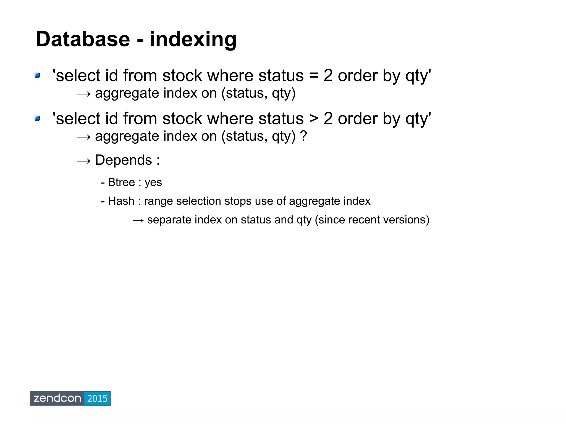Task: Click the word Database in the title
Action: [x=83, y=39]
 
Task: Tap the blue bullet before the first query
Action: [x=37, y=75]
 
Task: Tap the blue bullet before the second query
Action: [x=37, y=119]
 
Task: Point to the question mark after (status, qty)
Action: [x=303, y=136]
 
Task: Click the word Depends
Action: [x=123, y=160]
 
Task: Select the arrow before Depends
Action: [x=83, y=161]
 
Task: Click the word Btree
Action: [x=121, y=182]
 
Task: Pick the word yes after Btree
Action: [x=153, y=183]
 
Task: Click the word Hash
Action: [x=121, y=201]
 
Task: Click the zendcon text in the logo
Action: [x=57, y=399]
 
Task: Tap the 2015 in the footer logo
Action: [x=97, y=399]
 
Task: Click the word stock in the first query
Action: [x=182, y=76]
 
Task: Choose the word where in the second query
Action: [x=230, y=119]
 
